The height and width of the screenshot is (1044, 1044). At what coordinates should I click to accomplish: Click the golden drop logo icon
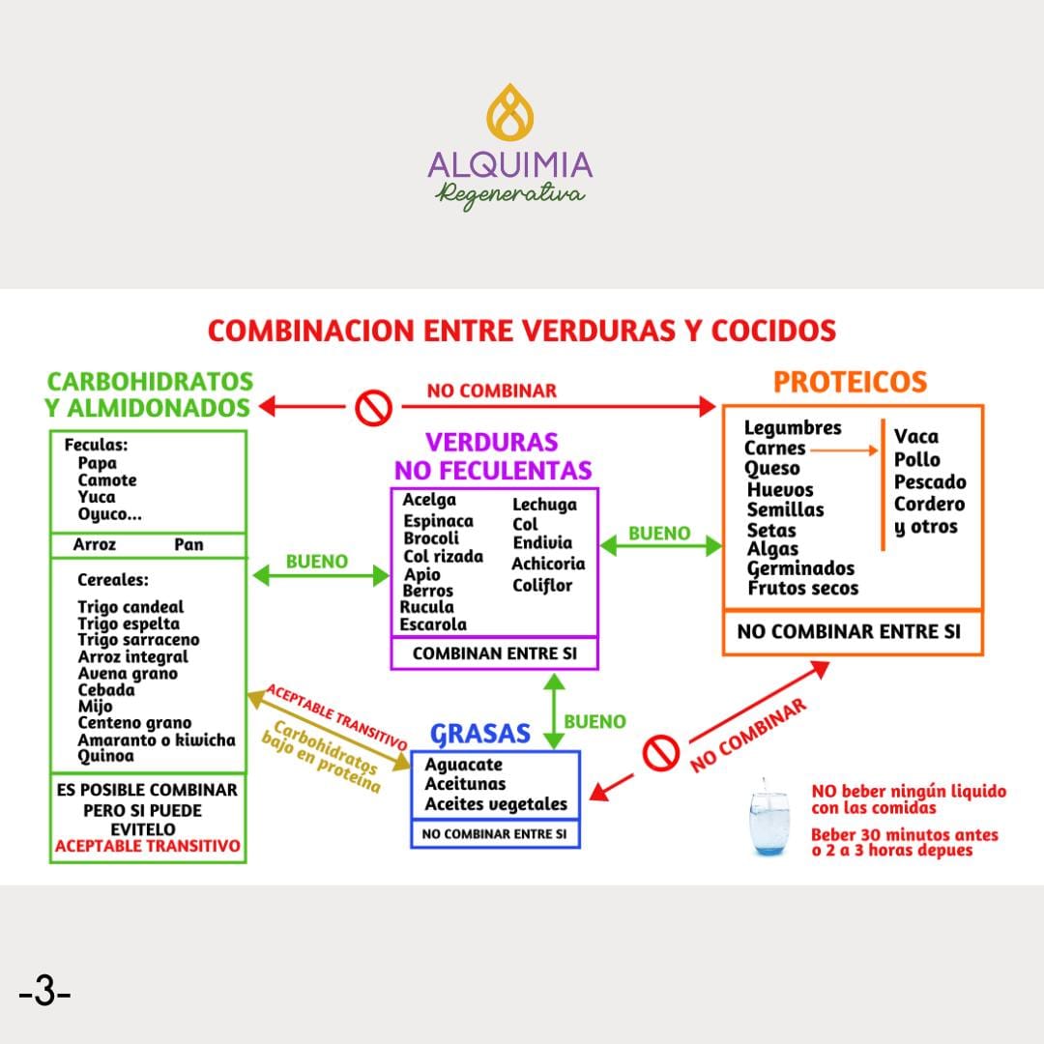pos(510,112)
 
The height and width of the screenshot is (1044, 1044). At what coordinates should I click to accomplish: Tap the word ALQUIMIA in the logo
pos(510,165)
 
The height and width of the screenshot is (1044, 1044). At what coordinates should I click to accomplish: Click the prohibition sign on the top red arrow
pos(373,407)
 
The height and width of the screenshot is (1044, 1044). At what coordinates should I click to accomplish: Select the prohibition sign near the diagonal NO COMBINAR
pos(660,753)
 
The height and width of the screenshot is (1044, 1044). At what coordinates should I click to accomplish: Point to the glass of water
pos(769,818)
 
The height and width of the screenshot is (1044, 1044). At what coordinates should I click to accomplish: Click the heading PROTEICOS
pos(851,382)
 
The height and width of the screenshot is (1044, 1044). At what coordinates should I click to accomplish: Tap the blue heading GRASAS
pos(480,734)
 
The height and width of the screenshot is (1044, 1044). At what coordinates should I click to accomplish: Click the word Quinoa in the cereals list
pos(106,756)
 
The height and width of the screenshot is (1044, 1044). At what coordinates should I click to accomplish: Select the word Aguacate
pos(463,765)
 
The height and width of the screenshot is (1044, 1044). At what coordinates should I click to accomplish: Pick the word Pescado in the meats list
pos(930,482)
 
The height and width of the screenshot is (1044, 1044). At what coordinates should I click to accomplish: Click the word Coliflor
pos(542,586)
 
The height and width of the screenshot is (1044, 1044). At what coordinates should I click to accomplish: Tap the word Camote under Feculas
pos(106,480)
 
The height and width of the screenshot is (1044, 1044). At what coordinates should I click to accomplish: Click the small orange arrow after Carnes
pos(845,450)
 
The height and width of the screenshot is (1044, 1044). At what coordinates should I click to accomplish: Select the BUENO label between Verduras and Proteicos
pos(659,534)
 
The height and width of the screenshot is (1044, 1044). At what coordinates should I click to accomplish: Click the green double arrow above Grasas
pos(554,711)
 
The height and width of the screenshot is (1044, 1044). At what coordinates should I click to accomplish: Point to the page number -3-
pos(45,992)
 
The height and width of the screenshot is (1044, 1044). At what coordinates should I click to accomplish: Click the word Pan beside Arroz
pos(188,544)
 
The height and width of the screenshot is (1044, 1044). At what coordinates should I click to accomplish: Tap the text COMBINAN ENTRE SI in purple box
pos(495,653)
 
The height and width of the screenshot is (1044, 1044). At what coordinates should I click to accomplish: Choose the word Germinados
pos(800,569)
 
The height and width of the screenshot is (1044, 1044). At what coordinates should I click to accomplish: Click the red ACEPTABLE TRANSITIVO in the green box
pos(147,846)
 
